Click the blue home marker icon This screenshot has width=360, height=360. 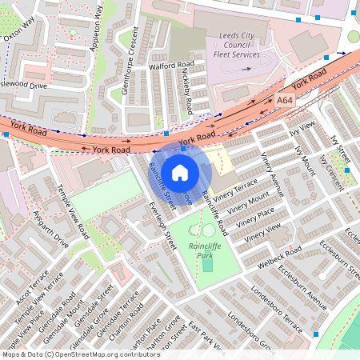[180, 172]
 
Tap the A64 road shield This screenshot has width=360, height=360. [286, 102]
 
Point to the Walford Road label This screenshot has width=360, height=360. [171, 66]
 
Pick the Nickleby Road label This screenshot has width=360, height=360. [187, 90]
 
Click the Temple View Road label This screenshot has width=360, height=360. [71, 212]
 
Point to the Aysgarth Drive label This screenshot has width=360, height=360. [50, 230]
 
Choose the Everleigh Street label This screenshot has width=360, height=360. [162, 225]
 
